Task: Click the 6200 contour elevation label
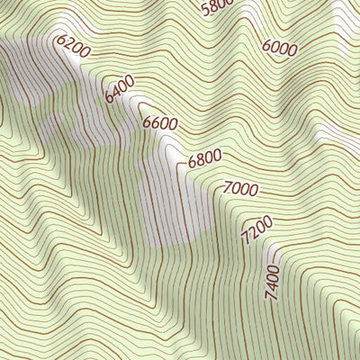[73, 47]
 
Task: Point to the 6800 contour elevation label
[204, 159]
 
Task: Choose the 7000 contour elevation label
[240, 190]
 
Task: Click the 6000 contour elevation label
[281, 46]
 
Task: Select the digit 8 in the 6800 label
[200, 161]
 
